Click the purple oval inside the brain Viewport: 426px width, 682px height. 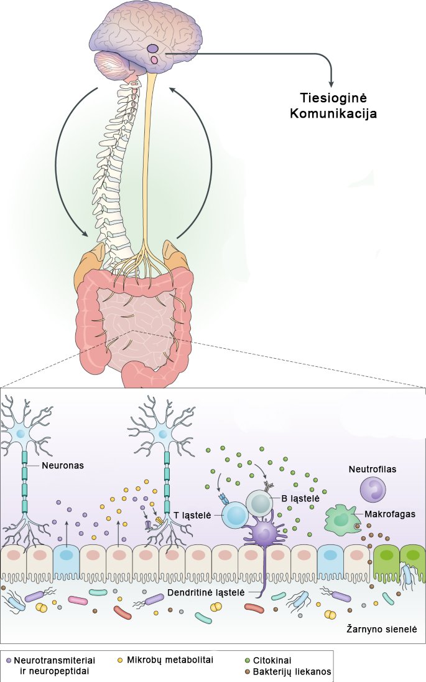coord(153,49)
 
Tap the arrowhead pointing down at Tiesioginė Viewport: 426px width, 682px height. coord(331,83)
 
